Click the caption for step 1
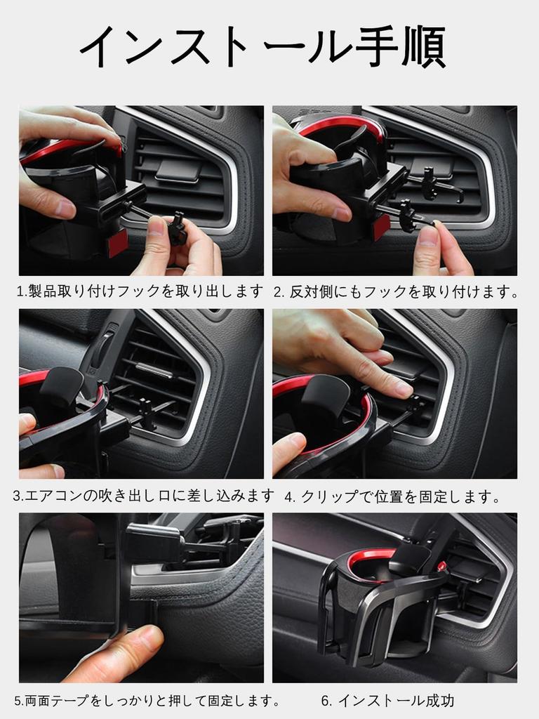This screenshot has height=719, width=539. point(140,291)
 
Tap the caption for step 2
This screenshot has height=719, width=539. point(394,291)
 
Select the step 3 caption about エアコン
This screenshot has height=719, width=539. point(144,496)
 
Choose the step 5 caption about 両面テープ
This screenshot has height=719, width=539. point(147,700)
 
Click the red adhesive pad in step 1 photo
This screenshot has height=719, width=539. point(117,242)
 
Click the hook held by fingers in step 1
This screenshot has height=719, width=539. point(177,229)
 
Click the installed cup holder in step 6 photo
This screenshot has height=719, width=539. point(379,604)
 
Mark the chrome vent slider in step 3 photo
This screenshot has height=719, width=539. point(154,369)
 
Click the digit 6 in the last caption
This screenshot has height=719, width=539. point(326,700)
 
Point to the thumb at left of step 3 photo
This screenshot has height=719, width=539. point(27,423)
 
